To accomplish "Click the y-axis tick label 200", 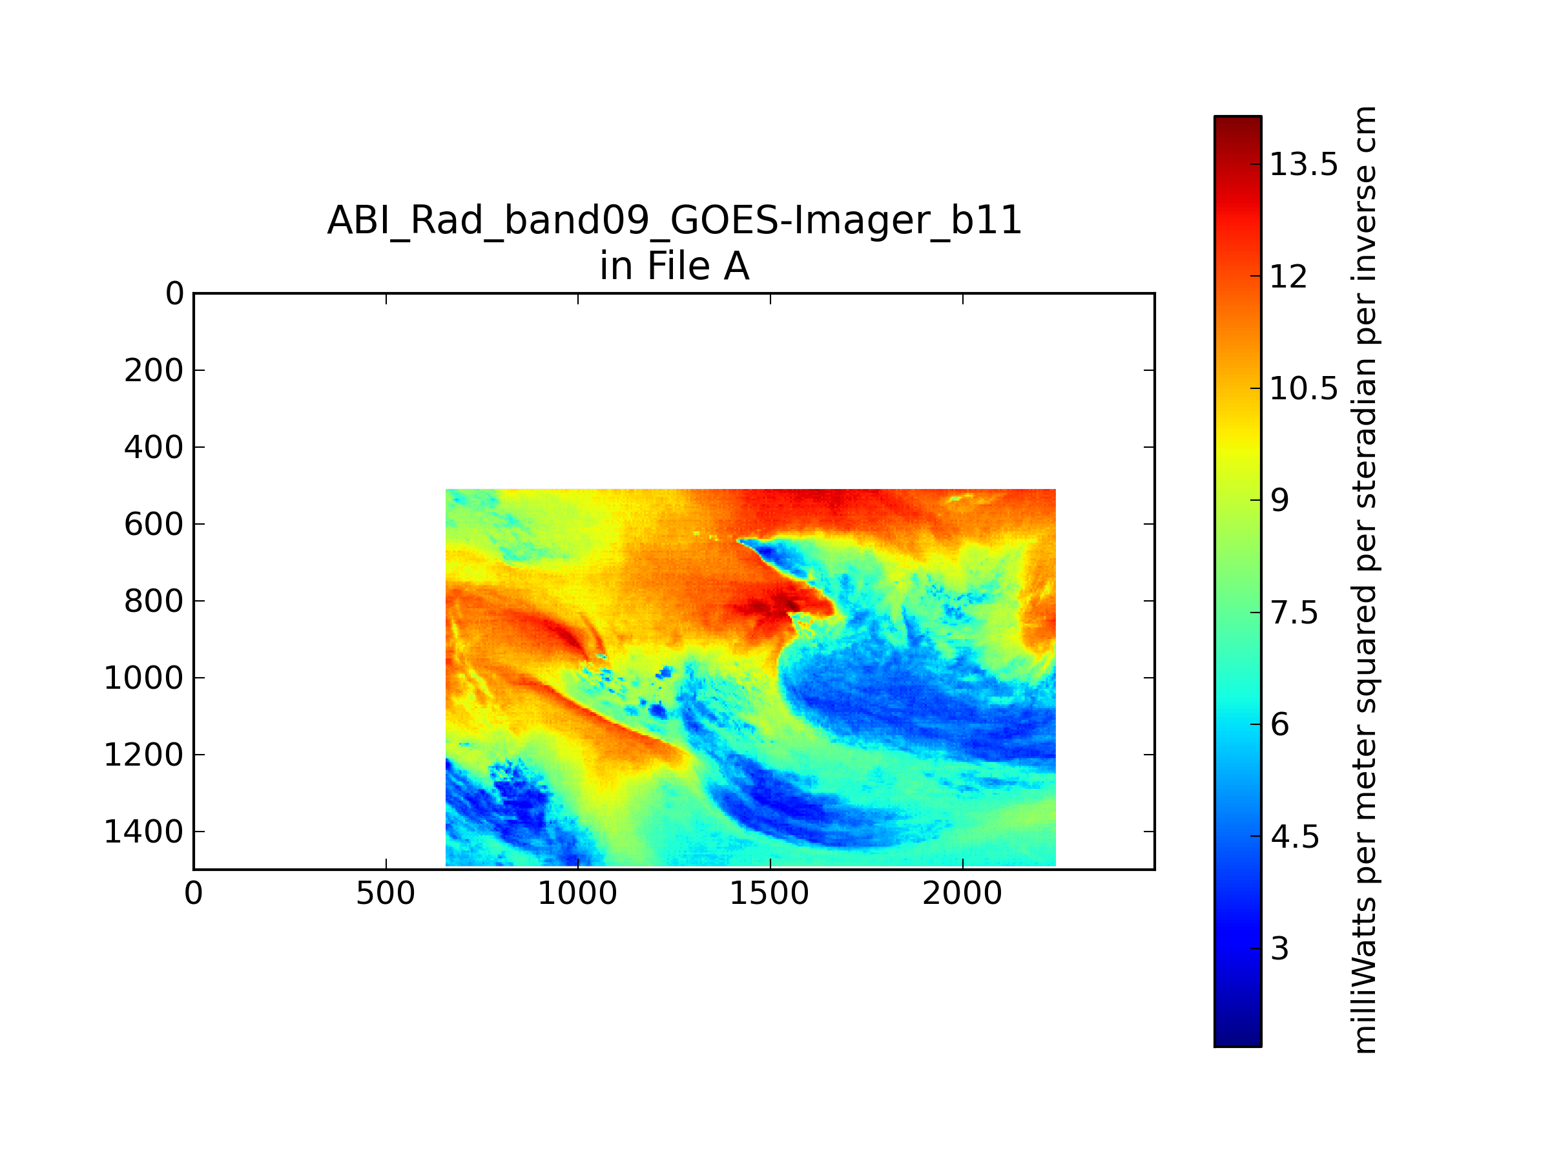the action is pyautogui.click(x=154, y=371).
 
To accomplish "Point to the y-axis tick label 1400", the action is pyautogui.click(x=143, y=832).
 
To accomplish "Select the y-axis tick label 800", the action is pyautogui.click(x=154, y=602).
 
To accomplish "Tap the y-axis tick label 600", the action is pyautogui.click(x=154, y=525).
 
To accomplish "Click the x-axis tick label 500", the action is pyautogui.click(x=386, y=894).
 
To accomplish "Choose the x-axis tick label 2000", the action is pyautogui.click(x=962, y=894).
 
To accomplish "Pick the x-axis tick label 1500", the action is pyautogui.click(x=769, y=894).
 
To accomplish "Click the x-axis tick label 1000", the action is pyautogui.click(x=577, y=894).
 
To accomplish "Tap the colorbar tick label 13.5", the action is pyautogui.click(x=1303, y=165).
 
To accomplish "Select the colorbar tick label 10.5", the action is pyautogui.click(x=1303, y=388).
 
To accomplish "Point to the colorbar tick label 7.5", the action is pyautogui.click(x=1294, y=613).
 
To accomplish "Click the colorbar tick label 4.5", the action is pyautogui.click(x=1295, y=837).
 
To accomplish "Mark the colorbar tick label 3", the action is pyautogui.click(x=1279, y=948).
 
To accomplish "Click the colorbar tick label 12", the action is pyautogui.click(x=1288, y=277).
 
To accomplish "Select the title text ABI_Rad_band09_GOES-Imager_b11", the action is pyautogui.click(x=674, y=220).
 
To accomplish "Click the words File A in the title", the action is pyautogui.click(x=698, y=266).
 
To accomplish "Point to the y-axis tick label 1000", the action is pyautogui.click(x=143, y=678).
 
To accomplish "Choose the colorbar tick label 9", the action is pyautogui.click(x=1279, y=501).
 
